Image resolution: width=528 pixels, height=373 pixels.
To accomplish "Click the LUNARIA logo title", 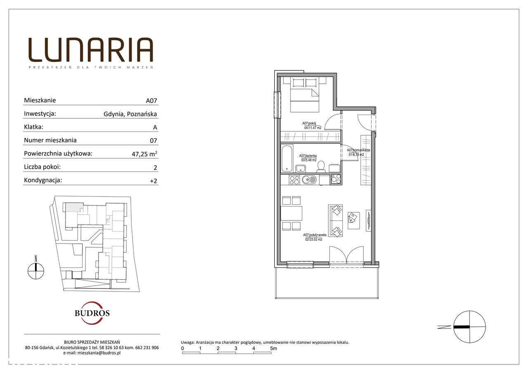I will tap(91, 50).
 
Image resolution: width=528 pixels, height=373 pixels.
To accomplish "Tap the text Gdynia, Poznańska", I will tap(130, 114).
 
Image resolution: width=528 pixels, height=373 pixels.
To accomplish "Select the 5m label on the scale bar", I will tap(273, 348).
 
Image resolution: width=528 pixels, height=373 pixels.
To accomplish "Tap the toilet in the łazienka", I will tap(321, 167).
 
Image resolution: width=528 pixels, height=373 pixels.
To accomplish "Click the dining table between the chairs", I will tap(291, 213).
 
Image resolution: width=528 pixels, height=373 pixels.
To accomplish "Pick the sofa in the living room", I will tap(335, 221).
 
